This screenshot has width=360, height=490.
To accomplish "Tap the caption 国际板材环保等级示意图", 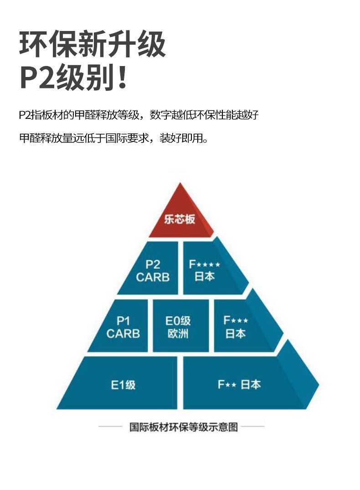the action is click(183, 427).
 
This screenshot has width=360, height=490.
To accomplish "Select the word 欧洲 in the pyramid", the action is click(178, 333).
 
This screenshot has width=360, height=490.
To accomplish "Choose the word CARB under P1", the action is click(123, 334).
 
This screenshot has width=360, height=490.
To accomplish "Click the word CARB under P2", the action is click(152, 277).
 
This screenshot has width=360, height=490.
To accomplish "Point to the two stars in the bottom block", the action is click(231, 385).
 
